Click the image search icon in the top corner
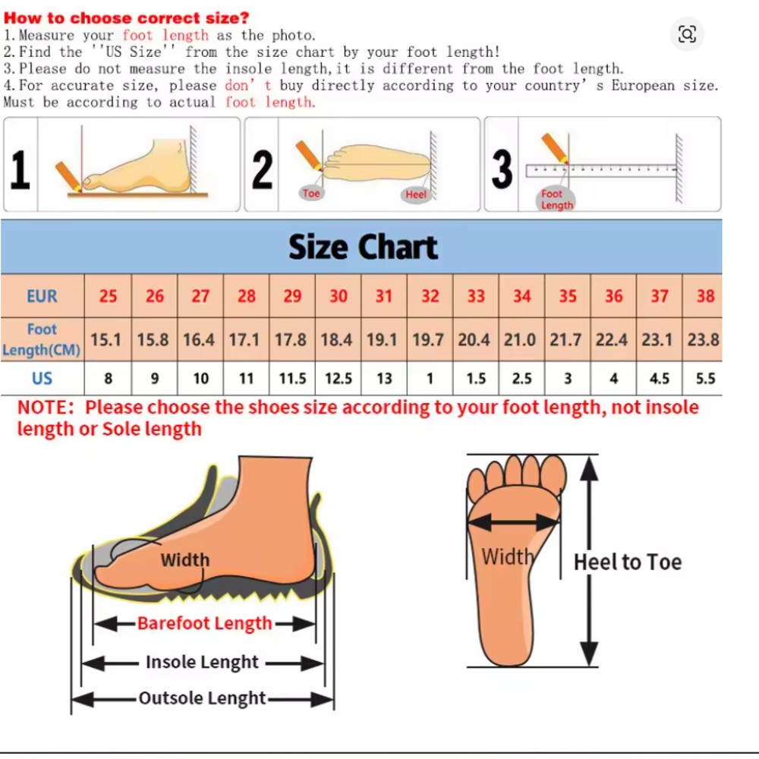[x=687, y=34]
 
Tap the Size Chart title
[x=363, y=247]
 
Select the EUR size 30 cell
[x=339, y=296]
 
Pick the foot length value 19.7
[x=428, y=339]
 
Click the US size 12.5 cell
[x=339, y=378]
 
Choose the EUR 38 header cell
[x=705, y=296]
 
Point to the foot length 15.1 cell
[x=106, y=339]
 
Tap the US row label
[x=42, y=378]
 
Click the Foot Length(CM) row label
[x=42, y=339]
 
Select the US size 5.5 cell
[x=705, y=378]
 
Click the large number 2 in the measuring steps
[x=263, y=169]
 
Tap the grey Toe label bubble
[x=311, y=193]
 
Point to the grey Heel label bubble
[x=416, y=194]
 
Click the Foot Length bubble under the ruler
[x=556, y=199]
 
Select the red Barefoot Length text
[x=204, y=623]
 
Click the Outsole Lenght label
[x=203, y=698]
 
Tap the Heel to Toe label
[x=628, y=562]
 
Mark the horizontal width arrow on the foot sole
[x=514, y=522]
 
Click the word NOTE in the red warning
[x=46, y=408]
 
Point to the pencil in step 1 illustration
[x=68, y=177]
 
